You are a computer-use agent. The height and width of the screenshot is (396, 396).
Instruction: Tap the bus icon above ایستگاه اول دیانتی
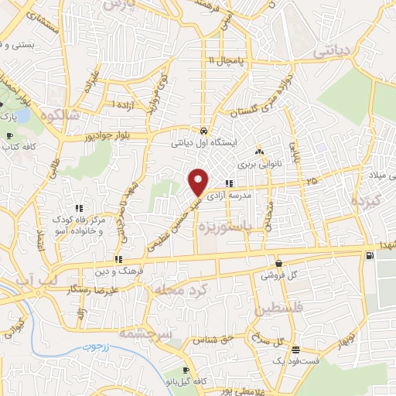point(203,131)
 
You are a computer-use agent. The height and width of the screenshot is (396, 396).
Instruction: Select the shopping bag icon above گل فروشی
point(278,263)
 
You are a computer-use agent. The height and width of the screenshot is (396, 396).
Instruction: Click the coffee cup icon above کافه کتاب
point(9,136)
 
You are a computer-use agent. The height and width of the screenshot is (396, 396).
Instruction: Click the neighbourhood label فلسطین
point(285,309)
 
